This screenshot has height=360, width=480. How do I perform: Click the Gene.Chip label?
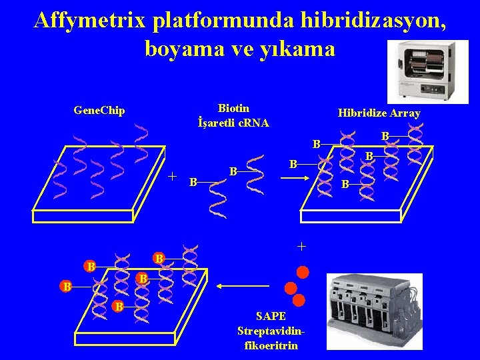(99, 110)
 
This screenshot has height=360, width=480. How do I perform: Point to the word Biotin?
(233, 108)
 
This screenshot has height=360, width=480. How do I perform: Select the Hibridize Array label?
(379, 113)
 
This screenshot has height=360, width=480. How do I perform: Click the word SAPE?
(270, 316)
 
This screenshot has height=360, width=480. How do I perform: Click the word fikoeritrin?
(270, 345)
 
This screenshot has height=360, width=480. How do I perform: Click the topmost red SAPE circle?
(303, 271)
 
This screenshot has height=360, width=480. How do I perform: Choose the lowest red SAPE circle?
(298, 300)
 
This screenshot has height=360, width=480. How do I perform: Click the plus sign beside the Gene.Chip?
(172, 177)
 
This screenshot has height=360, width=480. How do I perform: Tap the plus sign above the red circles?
(301, 247)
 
